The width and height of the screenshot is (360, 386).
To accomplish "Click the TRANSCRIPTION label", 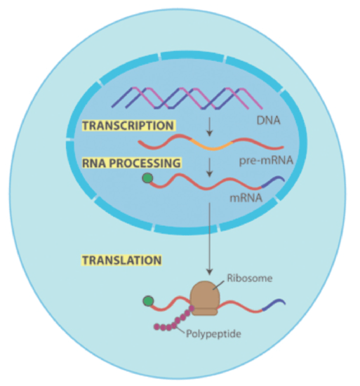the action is pos(128,126).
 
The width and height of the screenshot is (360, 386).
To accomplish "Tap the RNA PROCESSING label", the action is pos(132,163).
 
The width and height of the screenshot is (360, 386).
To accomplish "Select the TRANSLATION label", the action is pos(121,260).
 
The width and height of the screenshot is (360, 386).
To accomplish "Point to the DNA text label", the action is pos(268,121).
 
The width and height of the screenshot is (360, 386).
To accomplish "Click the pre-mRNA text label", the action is pos(266,161).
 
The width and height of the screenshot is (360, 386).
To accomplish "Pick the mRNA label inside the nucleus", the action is pos(246,198).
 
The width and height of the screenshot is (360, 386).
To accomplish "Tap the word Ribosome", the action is pos(250,278).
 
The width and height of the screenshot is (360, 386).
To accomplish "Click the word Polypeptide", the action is pos(213,334).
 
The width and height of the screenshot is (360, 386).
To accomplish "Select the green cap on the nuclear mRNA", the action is pos(147,178).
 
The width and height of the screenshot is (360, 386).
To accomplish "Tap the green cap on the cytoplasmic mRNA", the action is pos(148,301).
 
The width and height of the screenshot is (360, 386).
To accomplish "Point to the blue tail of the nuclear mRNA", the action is pos(273,182).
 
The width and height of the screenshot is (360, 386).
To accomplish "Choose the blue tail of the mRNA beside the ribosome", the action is pos(274,305).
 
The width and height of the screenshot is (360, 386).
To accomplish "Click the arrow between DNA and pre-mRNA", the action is pos(209,127).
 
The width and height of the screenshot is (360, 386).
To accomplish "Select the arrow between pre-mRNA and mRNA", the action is pos(209,168).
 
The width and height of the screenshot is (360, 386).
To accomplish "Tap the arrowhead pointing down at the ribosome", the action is pos(209,272).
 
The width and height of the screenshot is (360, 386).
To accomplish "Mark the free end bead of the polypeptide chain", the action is pos(156,326).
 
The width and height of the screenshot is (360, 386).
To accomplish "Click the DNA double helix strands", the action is pos(187,98).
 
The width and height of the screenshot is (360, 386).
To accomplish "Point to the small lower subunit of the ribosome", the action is pos(205,312).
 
